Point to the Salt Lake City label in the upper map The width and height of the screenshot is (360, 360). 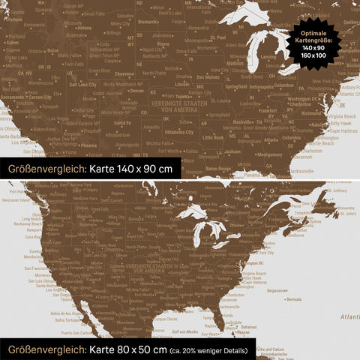point(83,85)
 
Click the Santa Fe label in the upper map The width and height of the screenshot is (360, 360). point(123,123)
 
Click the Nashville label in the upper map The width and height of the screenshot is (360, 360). point(243,121)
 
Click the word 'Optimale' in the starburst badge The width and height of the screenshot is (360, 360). point(313,33)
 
